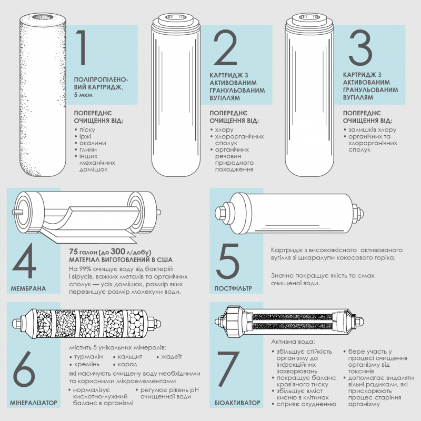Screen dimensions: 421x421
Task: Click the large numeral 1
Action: click(x=82, y=47)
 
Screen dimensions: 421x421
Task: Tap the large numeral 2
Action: click(x=225, y=47)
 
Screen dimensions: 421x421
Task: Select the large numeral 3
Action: click(x=360, y=47)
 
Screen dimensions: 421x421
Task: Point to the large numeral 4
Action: click(x=24, y=260)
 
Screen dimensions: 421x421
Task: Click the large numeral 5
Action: click(x=228, y=260)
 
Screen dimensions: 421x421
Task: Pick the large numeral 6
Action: click(x=24, y=369)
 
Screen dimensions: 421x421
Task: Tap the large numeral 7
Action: click(x=228, y=369)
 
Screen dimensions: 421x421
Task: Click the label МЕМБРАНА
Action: click(x=28, y=288)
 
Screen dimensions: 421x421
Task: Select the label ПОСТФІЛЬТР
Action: click(x=233, y=288)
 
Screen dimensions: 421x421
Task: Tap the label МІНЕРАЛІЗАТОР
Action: click(x=33, y=403)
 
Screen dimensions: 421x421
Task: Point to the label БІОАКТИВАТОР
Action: click(x=237, y=403)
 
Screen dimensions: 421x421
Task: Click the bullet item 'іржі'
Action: click(x=85, y=136)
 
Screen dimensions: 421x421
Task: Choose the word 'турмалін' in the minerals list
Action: click(x=88, y=357)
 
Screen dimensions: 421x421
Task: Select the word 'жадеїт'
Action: click(x=172, y=357)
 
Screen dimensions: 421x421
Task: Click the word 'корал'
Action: click(x=127, y=365)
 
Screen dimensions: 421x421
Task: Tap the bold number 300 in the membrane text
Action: click(x=118, y=252)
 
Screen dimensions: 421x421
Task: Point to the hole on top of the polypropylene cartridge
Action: click(x=43, y=17)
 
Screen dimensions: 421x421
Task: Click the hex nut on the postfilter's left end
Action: click(x=221, y=213)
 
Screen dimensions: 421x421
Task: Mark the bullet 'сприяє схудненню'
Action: click(x=306, y=404)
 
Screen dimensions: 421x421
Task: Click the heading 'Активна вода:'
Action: click(x=293, y=342)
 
